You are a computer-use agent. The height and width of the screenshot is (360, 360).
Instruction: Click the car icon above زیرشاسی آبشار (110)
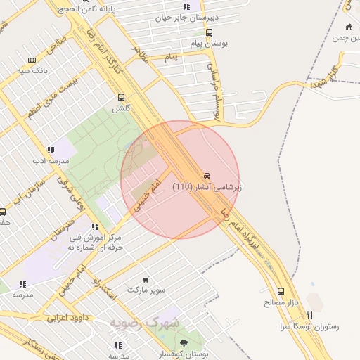(x=207, y=175)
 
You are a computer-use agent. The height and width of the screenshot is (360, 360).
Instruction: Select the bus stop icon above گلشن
(x=122, y=98)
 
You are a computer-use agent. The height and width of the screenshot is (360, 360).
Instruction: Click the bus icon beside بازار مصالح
(x=281, y=291)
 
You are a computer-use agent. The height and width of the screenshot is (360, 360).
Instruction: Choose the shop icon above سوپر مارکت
(x=146, y=280)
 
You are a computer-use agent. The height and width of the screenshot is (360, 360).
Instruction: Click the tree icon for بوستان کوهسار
(x=184, y=343)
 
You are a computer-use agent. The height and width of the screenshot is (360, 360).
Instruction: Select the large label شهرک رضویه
(x=145, y=323)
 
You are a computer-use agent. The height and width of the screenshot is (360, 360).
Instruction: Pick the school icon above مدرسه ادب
(x=50, y=150)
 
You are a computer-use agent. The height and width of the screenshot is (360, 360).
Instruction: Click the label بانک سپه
(x=33, y=70)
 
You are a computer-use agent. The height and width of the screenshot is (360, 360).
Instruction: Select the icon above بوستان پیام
(x=209, y=32)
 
